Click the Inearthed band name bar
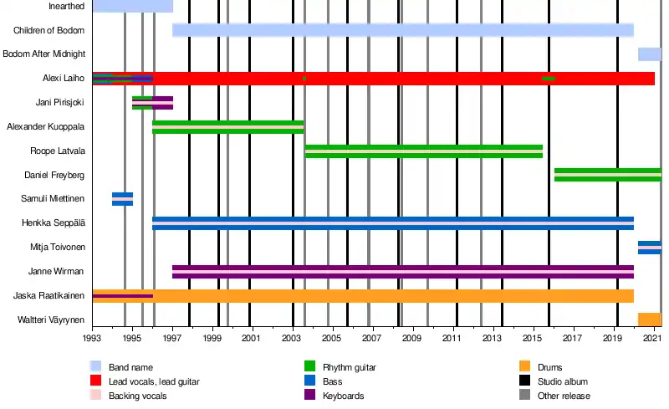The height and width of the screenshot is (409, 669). [132, 7]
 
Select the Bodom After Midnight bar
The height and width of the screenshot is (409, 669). [649, 54]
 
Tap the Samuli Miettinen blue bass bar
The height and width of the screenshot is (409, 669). [122, 199]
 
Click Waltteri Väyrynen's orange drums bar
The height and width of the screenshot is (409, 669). [649, 320]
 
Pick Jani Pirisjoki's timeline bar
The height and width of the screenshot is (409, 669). [152, 103]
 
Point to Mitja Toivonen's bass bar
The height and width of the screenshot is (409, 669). [649, 248]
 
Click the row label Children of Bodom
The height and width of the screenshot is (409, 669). [49, 31]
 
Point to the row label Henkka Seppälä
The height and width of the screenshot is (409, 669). [56, 223]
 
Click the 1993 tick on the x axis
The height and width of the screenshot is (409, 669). [92, 338]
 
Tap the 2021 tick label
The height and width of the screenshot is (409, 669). [652, 338]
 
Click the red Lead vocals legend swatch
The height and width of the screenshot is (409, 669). [96, 381]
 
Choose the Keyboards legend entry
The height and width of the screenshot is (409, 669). [343, 396]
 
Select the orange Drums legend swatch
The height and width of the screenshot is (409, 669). [526, 367]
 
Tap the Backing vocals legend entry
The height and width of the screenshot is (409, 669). [137, 396]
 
